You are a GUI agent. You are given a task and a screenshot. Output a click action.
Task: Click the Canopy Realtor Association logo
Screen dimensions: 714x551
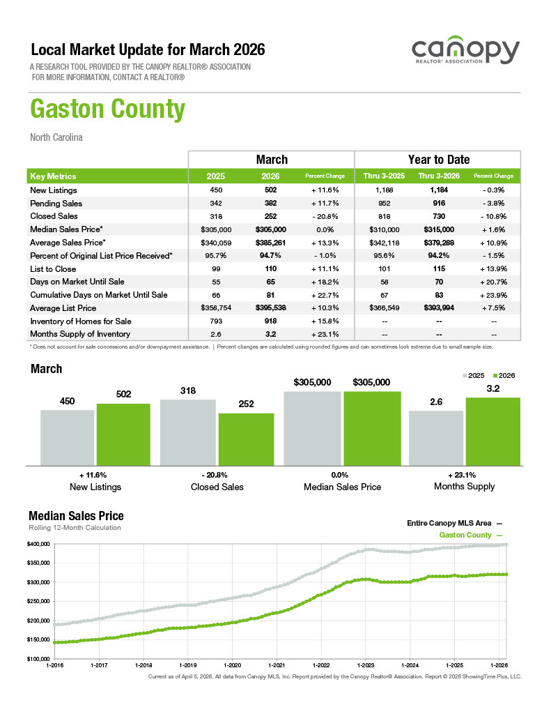[x=465, y=53]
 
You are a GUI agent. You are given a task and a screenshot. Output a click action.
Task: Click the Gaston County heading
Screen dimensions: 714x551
[x=108, y=110]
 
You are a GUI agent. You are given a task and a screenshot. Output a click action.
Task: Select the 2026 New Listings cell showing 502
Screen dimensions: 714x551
[x=272, y=190]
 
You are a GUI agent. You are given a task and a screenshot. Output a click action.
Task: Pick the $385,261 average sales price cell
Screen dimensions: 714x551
[x=272, y=243]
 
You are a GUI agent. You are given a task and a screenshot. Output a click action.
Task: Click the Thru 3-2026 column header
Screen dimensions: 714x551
[x=438, y=176]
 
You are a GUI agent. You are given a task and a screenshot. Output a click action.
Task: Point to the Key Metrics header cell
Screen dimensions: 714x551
[x=54, y=176]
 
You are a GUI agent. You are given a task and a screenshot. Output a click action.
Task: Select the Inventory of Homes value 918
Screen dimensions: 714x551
[x=272, y=321]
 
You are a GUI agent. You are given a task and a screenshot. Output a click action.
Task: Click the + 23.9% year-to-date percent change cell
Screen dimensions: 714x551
[x=493, y=295]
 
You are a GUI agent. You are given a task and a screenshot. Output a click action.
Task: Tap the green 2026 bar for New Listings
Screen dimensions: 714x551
[x=123, y=434]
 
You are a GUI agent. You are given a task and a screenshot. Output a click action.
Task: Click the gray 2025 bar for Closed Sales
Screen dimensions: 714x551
[x=187, y=432]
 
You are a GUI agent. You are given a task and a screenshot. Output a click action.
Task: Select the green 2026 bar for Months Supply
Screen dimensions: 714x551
[x=492, y=430]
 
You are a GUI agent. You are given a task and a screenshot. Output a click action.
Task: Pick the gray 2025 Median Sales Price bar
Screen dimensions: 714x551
[x=312, y=427]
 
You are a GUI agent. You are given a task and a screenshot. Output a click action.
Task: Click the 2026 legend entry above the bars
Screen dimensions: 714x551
[x=503, y=375]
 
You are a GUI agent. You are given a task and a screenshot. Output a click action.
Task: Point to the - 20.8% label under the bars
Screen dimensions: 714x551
[x=217, y=475]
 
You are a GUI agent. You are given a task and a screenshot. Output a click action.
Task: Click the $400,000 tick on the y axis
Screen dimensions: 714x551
[x=38, y=544]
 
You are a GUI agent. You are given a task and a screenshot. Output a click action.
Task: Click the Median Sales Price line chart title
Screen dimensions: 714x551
[x=76, y=516]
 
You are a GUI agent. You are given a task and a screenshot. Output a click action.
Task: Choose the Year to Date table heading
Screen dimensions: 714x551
[x=438, y=160]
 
